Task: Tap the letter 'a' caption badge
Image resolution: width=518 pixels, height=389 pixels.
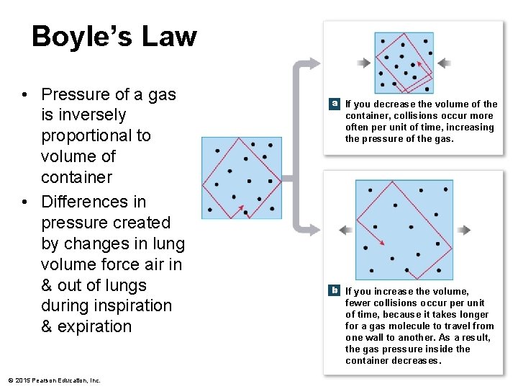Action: point(335,104)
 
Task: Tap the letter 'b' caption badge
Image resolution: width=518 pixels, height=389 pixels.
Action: point(335,290)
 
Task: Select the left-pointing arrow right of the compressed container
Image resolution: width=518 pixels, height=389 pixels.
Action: point(444,63)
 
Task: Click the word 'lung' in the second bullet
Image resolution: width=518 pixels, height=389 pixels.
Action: point(169,244)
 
